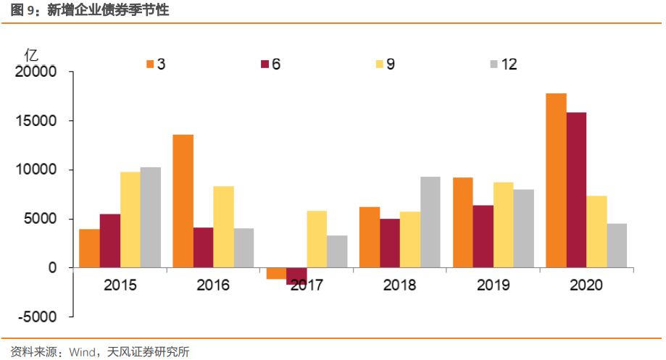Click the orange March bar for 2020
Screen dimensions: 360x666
coord(556,180)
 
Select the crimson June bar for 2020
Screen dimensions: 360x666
coord(576,190)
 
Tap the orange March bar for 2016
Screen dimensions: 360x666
coord(183,201)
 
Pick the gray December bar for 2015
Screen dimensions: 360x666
coord(151,217)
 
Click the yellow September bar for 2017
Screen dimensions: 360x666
coord(317,239)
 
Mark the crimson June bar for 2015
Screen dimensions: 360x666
coord(110,240)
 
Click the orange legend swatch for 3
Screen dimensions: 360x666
coord(150,64)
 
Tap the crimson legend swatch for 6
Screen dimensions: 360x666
coord(265,64)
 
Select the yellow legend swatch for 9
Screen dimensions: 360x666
coord(379,64)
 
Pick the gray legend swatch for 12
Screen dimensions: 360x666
coord(494,64)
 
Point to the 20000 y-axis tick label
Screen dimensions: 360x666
coord(36,72)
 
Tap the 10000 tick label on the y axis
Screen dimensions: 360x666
coord(36,170)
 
